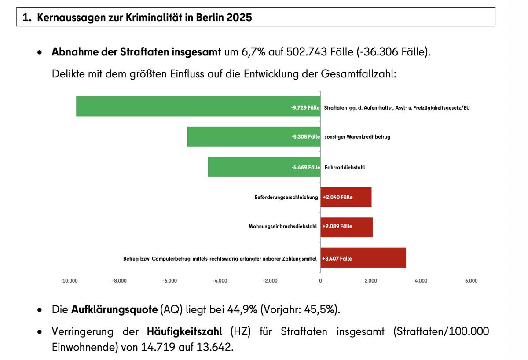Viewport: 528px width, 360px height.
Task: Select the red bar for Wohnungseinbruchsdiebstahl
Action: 346,227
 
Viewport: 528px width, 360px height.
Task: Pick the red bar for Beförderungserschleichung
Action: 346,197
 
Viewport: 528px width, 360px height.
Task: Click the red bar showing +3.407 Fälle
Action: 363,258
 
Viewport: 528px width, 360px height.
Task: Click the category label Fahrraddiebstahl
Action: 345,168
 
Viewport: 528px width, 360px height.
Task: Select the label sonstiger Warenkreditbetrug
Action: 357,137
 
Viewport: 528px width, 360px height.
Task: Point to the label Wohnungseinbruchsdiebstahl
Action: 283,227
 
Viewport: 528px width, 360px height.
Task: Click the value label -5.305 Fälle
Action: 305,137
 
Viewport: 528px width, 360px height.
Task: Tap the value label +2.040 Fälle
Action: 337,198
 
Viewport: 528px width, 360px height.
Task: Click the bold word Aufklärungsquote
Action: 114,310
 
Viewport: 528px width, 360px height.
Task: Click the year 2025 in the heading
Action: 240,18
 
